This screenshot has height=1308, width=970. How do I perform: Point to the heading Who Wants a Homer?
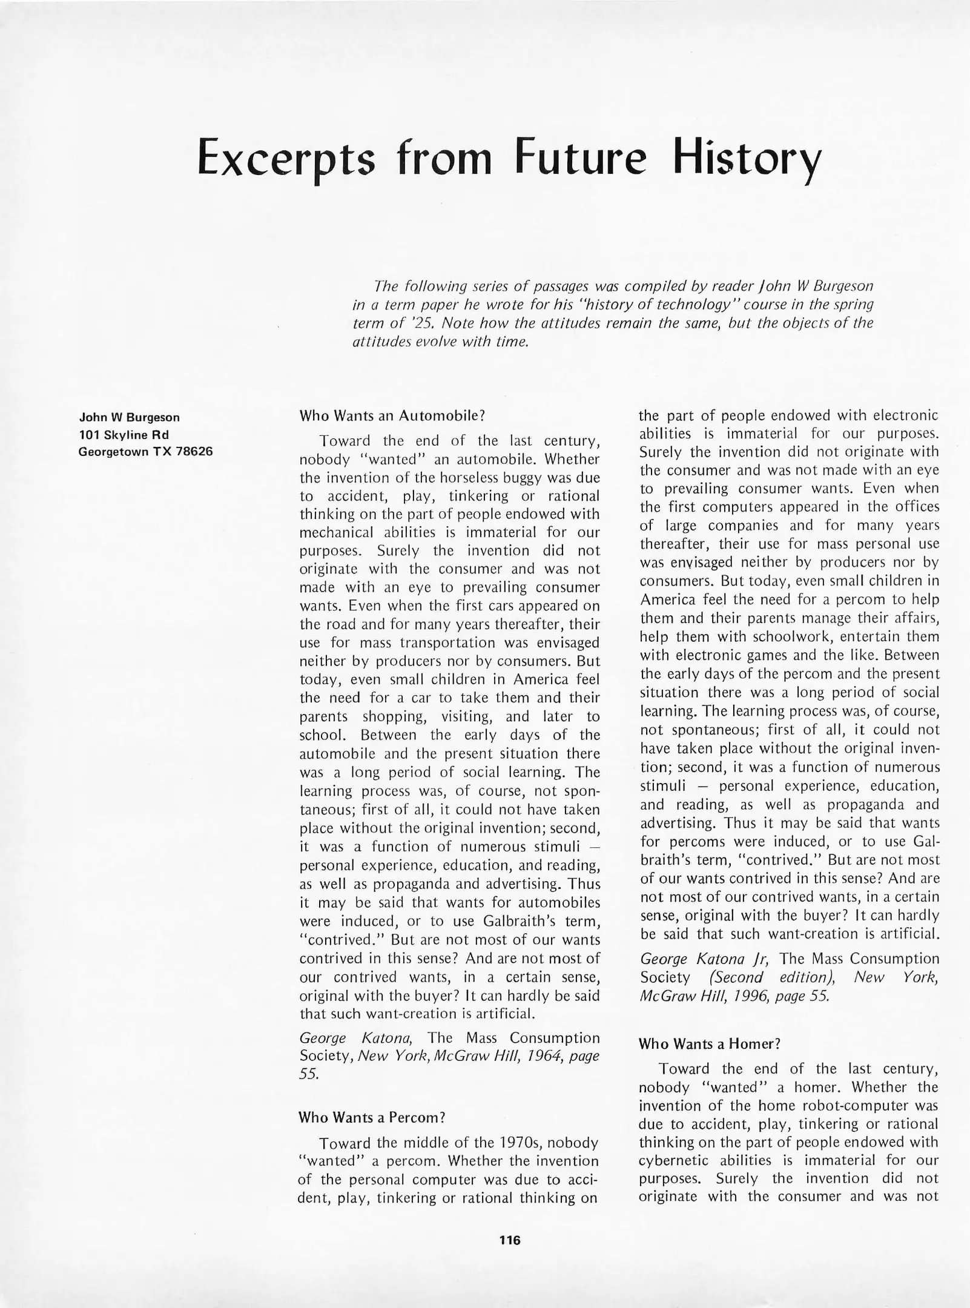point(709,1043)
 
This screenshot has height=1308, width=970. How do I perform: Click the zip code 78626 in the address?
point(194,451)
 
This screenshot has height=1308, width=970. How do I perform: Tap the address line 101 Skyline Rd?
point(124,434)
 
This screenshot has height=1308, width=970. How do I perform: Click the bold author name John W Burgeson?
point(129,417)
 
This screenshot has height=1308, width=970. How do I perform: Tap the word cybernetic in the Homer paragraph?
point(673,1160)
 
